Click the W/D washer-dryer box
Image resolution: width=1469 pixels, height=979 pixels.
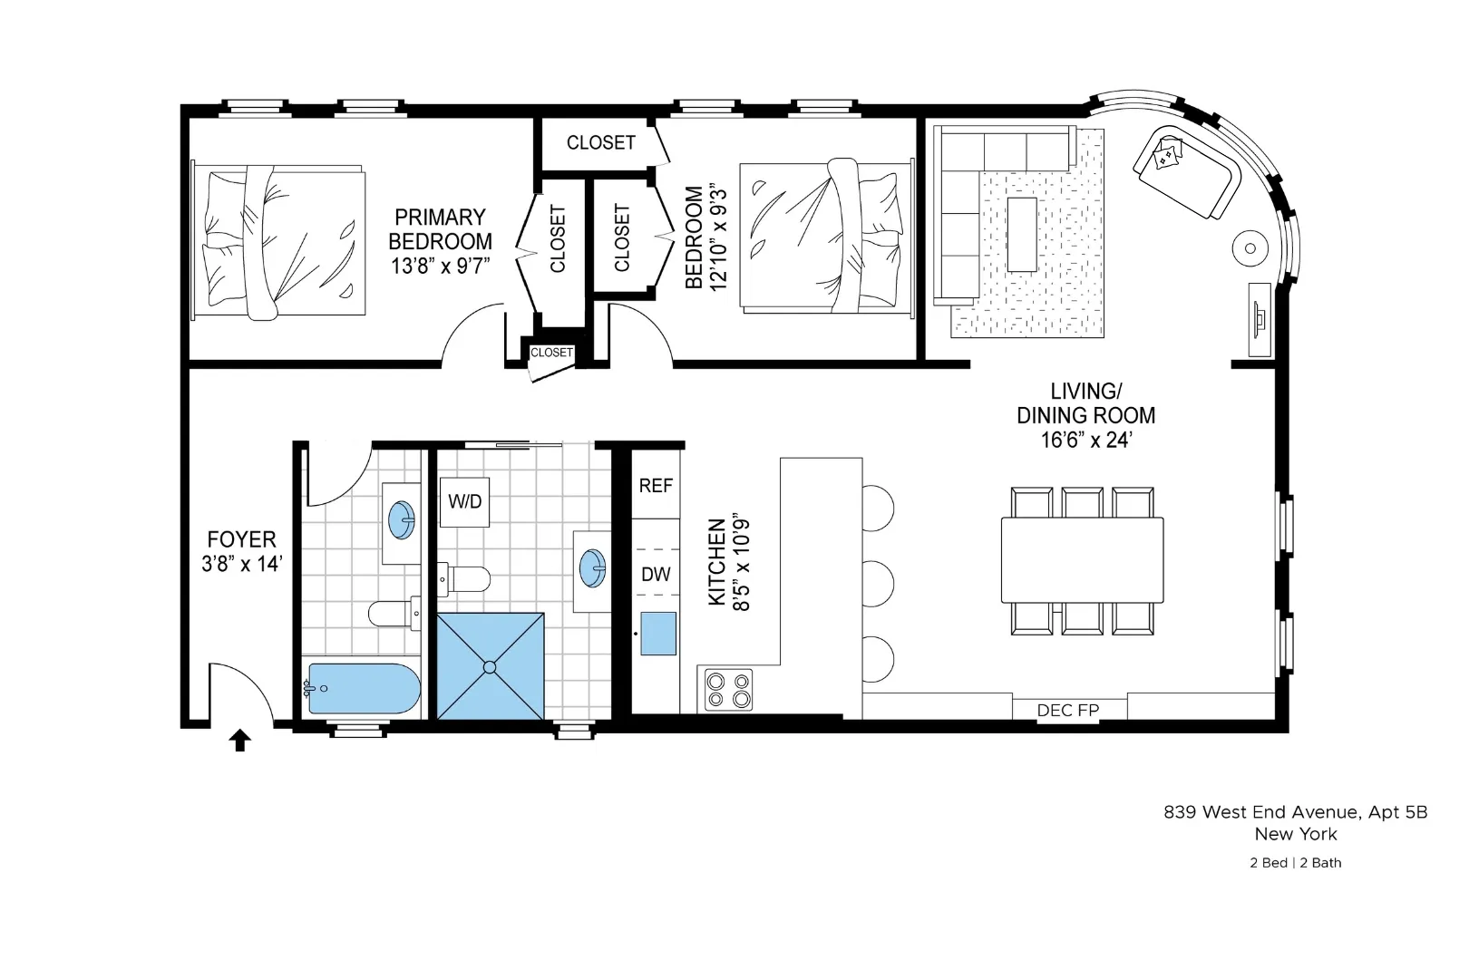point(465,502)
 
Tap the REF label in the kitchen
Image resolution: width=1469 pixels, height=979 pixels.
point(656,486)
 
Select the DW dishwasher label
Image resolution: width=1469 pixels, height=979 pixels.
point(656,574)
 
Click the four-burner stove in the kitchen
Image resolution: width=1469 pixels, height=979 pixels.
point(729,689)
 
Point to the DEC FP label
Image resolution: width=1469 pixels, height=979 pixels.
point(1067,711)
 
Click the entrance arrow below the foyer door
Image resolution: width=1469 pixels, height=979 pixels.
point(239,741)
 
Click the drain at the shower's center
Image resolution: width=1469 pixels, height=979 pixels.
point(490,667)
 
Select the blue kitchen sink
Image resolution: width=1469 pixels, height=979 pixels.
point(658,634)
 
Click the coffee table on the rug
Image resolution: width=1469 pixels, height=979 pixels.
point(1023,234)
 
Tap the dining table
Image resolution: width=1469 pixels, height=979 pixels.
point(1082,559)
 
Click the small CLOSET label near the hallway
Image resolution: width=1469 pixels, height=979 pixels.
point(551,353)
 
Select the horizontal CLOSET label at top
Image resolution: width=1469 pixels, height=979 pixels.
point(600,142)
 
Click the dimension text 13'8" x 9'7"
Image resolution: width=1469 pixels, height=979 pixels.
point(440,267)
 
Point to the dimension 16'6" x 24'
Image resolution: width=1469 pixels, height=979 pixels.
point(1085,441)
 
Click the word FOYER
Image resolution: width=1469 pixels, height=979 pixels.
point(241,539)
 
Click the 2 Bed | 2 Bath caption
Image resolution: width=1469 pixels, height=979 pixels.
point(1295,863)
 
